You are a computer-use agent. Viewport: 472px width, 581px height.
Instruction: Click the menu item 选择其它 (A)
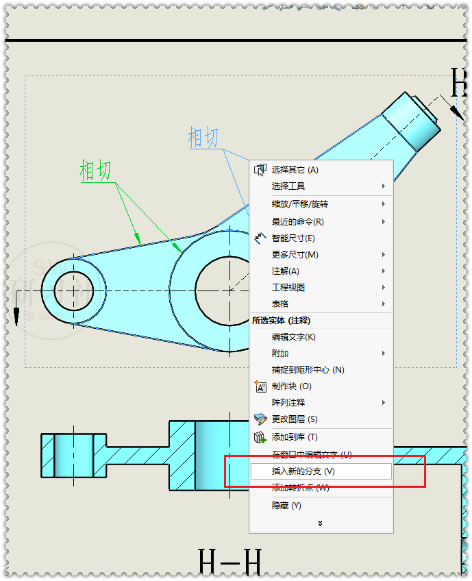click(x=295, y=169)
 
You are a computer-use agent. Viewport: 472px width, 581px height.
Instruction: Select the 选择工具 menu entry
click(x=288, y=186)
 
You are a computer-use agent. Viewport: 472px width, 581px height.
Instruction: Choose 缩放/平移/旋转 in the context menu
click(x=299, y=204)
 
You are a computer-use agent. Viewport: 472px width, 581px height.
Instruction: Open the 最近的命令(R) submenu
click(x=297, y=221)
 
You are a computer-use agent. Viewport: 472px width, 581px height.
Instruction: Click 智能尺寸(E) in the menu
click(x=293, y=238)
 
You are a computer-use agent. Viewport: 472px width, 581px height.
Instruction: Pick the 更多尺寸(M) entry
click(x=295, y=254)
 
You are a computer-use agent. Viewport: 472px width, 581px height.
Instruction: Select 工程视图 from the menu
click(x=288, y=287)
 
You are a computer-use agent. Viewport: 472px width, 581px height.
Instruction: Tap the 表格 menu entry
click(x=280, y=304)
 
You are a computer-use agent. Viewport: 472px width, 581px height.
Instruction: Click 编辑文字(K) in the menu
click(x=293, y=336)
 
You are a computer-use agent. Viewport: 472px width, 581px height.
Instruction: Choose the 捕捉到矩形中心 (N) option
click(x=308, y=369)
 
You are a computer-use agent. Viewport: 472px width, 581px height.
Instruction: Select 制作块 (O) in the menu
click(x=291, y=386)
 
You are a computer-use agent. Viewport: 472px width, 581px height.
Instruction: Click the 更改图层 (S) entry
click(x=295, y=419)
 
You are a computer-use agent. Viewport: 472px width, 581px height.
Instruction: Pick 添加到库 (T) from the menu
click(x=295, y=436)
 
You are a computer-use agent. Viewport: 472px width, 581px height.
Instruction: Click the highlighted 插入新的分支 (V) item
click(x=303, y=471)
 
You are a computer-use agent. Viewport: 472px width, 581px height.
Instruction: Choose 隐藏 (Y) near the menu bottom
click(x=286, y=506)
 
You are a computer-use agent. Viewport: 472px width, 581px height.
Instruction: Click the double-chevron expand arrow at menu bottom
click(x=320, y=523)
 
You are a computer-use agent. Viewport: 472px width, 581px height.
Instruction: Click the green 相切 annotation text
click(x=95, y=170)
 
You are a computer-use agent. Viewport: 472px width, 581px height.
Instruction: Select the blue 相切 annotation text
click(x=203, y=137)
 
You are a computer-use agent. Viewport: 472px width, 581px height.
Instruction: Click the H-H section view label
click(x=229, y=562)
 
